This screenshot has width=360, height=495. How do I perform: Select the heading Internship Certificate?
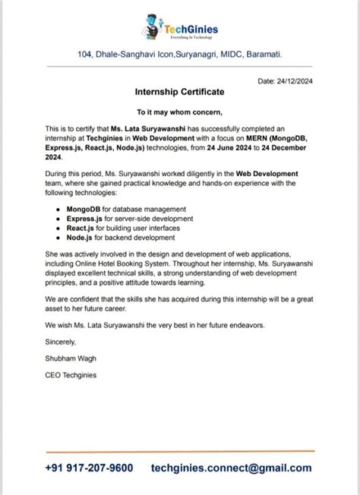(179, 92)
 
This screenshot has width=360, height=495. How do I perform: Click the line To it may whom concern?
(179, 112)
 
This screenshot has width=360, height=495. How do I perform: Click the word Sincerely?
(63, 342)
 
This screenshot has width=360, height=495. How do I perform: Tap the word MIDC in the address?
(220, 55)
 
